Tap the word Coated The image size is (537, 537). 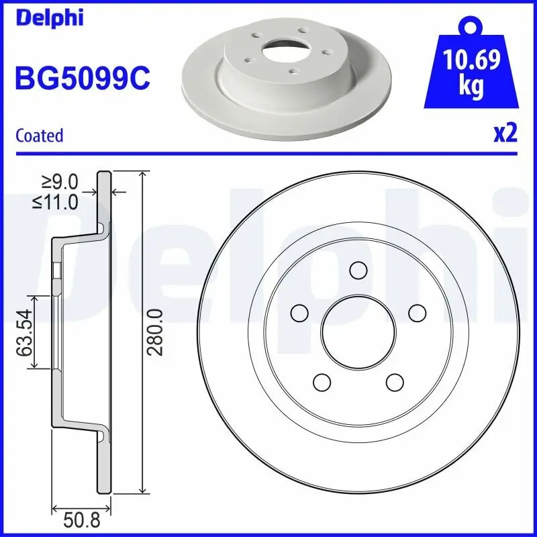tap(39, 136)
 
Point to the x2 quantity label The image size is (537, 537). tap(505, 134)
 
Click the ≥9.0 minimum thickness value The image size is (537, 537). tap(61, 181)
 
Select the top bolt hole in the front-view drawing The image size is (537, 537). tap(358, 271)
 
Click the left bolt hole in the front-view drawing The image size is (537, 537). tap(299, 313)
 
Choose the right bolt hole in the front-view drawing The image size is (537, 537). tap(417, 313)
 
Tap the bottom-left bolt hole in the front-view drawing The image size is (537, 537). tap(321, 382)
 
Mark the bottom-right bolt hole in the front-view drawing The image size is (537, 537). tap(394, 382)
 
